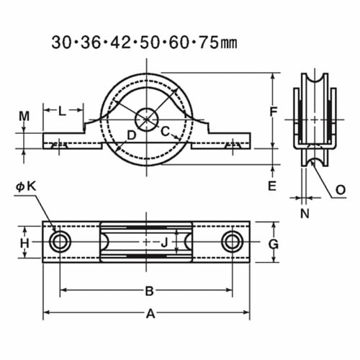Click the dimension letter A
click(x=150, y=314)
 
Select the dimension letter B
click(x=150, y=291)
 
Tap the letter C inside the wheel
click(x=165, y=131)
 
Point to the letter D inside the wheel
click(x=131, y=135)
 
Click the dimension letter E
click(x=272, y=186)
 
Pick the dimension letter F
click(x=272, y=112)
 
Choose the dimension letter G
click(x=273, y=243)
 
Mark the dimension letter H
click(x=24, y=243)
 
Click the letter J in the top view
click(x=163, y=243)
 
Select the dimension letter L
click(x=62, y=111)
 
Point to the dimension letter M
click(x=24, y=116)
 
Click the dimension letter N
click(x=305, y=212)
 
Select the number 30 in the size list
click(x=61, y=42)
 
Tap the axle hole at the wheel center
click(x=148, y=117)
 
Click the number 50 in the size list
click(x=150, y=42)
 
